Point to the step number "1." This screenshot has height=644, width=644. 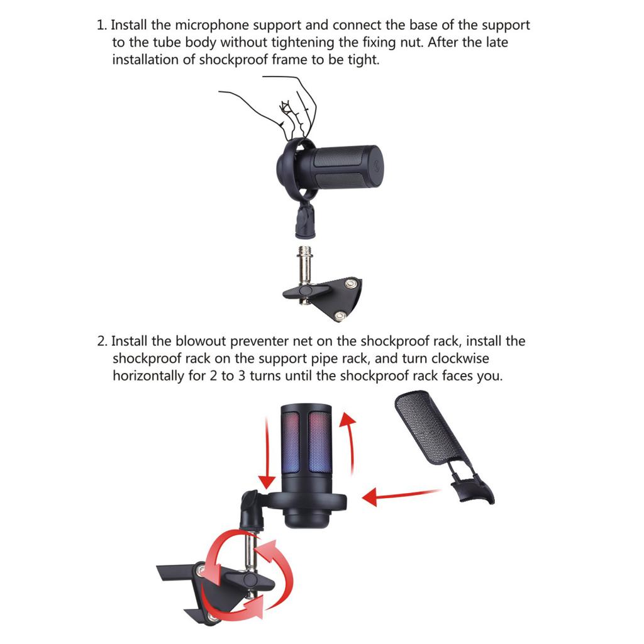(102, 25)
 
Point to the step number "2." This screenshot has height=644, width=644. (102, 341)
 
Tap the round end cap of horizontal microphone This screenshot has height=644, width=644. (376, 167)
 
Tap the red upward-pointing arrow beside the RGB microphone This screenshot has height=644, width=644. (347, 440)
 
